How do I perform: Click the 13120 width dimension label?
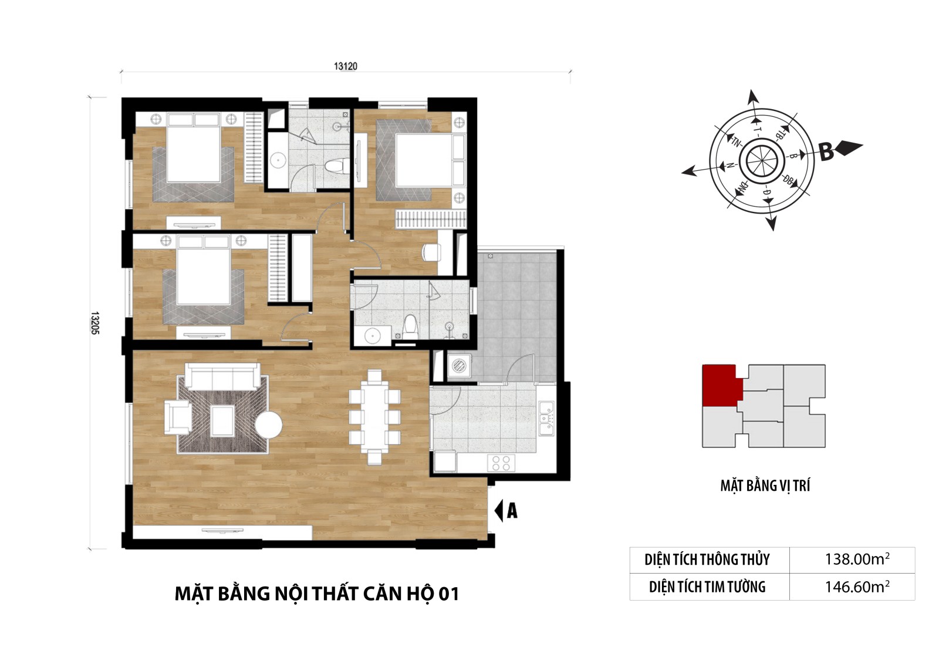(346, 66)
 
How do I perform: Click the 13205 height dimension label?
(94, 322)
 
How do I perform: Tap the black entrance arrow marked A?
(499, 511)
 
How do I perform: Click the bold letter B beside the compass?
(826, 152)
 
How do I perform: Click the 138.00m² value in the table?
(857, 559)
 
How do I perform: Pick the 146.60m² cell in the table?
(857, 587)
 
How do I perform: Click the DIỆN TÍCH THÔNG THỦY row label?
(707, 559)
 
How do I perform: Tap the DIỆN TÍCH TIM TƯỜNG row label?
(707, 587)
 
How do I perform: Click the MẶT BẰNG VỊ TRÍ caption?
(765, 486)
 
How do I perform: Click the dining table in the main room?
(375, 417)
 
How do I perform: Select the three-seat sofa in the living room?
(222, 377)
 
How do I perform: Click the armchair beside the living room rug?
(178, 417)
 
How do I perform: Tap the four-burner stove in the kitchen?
(501, 463)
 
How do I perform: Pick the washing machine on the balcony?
(459, 366)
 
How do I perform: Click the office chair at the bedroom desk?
(431, 252)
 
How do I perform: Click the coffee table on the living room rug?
(222, 421)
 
